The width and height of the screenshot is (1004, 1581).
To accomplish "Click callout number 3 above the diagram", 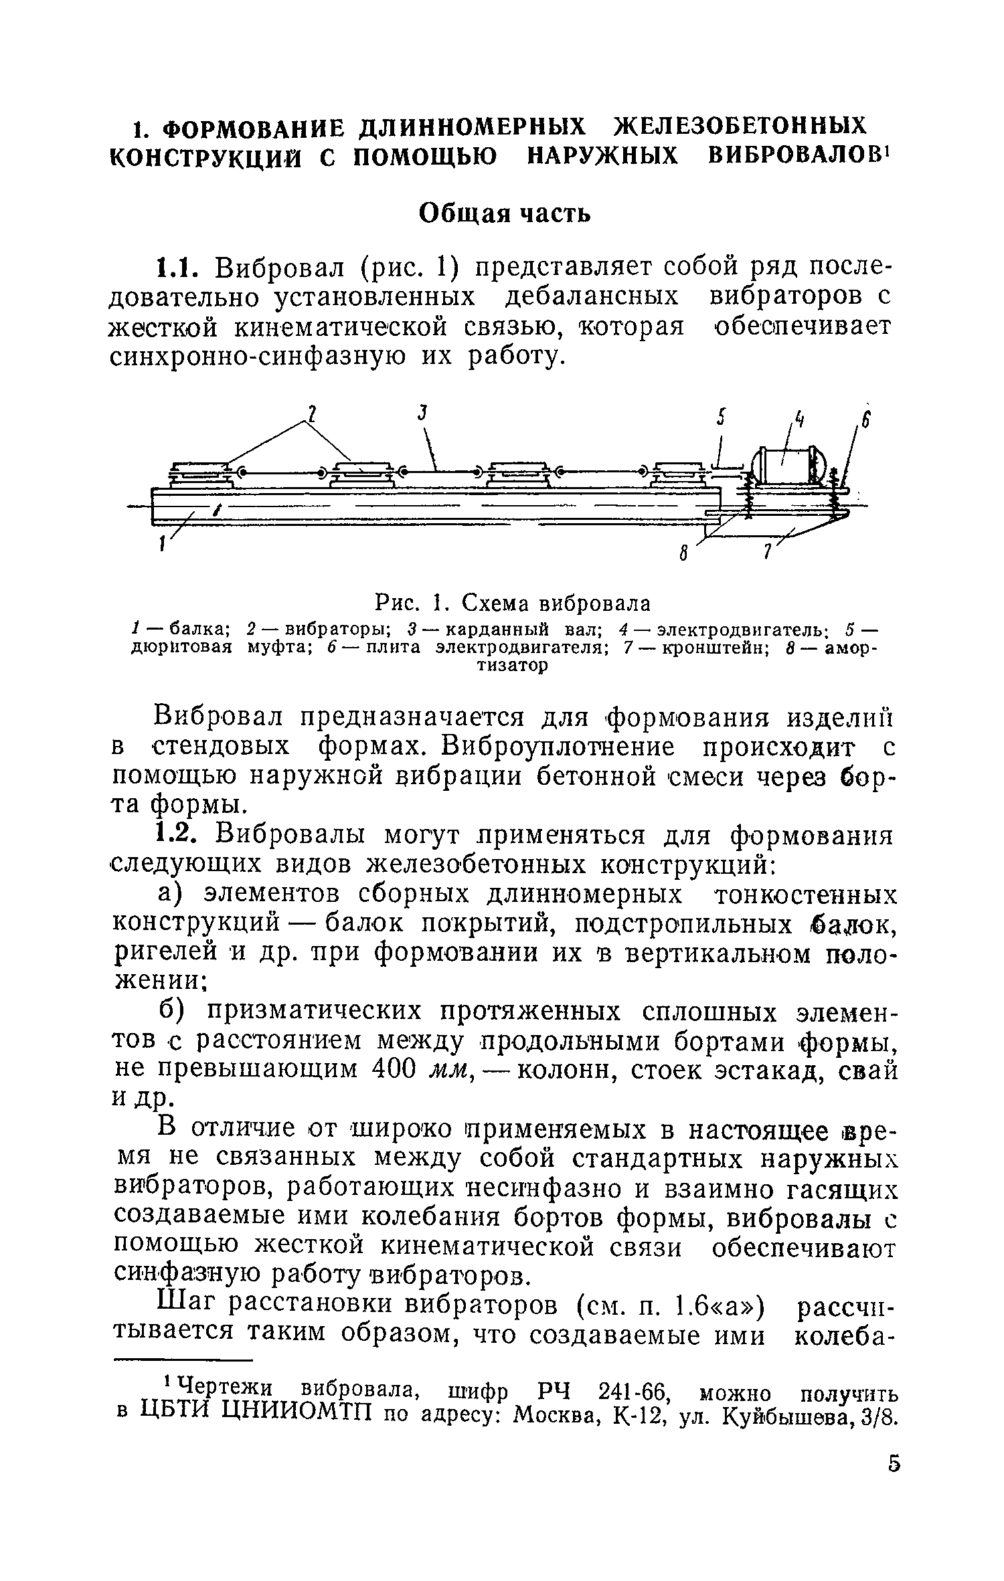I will coord(422,414).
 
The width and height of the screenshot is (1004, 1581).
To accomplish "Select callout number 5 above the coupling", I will coord(721,418).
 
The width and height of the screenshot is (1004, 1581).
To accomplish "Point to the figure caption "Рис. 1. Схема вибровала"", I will coord(512,603).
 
